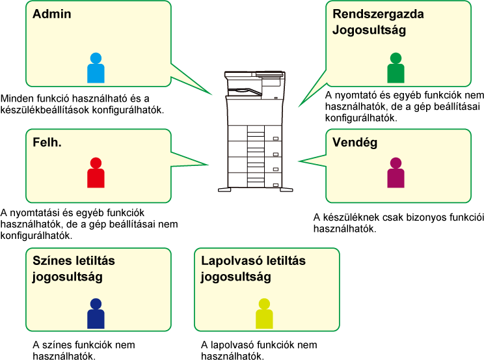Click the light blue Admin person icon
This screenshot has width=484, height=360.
[x=96, y=68]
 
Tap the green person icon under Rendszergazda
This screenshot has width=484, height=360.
[x=396, y=68]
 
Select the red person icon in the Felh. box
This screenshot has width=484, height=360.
[x=96, y=173]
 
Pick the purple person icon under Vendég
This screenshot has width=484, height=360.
[x=396, y=173]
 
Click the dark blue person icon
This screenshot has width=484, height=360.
[x=96, y=314]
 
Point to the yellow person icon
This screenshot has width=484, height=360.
[x=264, y=314]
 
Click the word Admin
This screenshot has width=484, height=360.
[x=52, y=14]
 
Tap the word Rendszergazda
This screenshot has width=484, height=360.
[x=378, y=14]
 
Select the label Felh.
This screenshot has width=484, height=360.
[x=47, y=142]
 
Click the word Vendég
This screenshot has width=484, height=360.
[x=355, y=142]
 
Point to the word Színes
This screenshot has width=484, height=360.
[x=51, y=260]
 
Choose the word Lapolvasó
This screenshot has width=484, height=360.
[x=228, y=260]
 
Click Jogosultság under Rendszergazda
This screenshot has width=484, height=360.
[x=369, y=30]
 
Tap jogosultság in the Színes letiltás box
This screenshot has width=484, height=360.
[x=67, y=277]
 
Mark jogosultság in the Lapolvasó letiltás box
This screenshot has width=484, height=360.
[x=236, y=277]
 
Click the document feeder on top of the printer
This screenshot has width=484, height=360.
[x=254, y=77]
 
